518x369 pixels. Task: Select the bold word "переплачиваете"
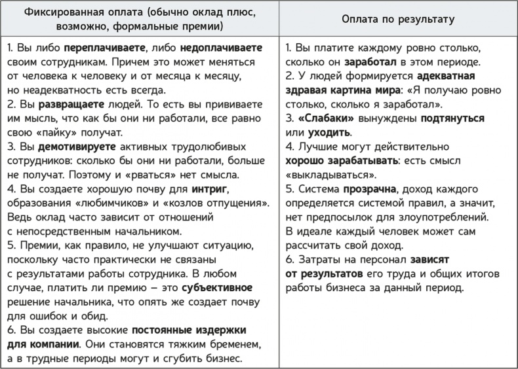pyautogui.click(x=100, y=49)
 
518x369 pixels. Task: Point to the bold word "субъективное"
pyautogui.click(x=216, y=289)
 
